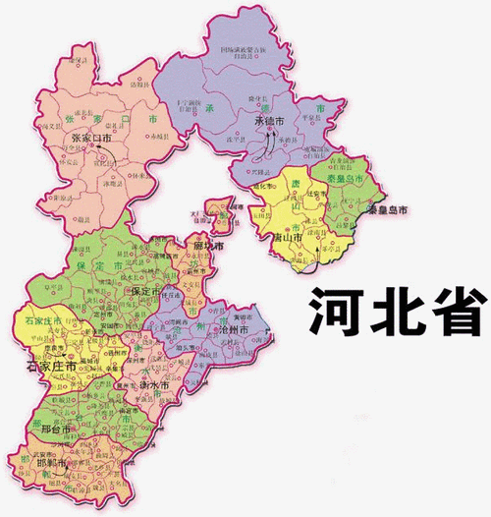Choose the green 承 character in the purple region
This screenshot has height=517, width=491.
pos(209,105)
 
